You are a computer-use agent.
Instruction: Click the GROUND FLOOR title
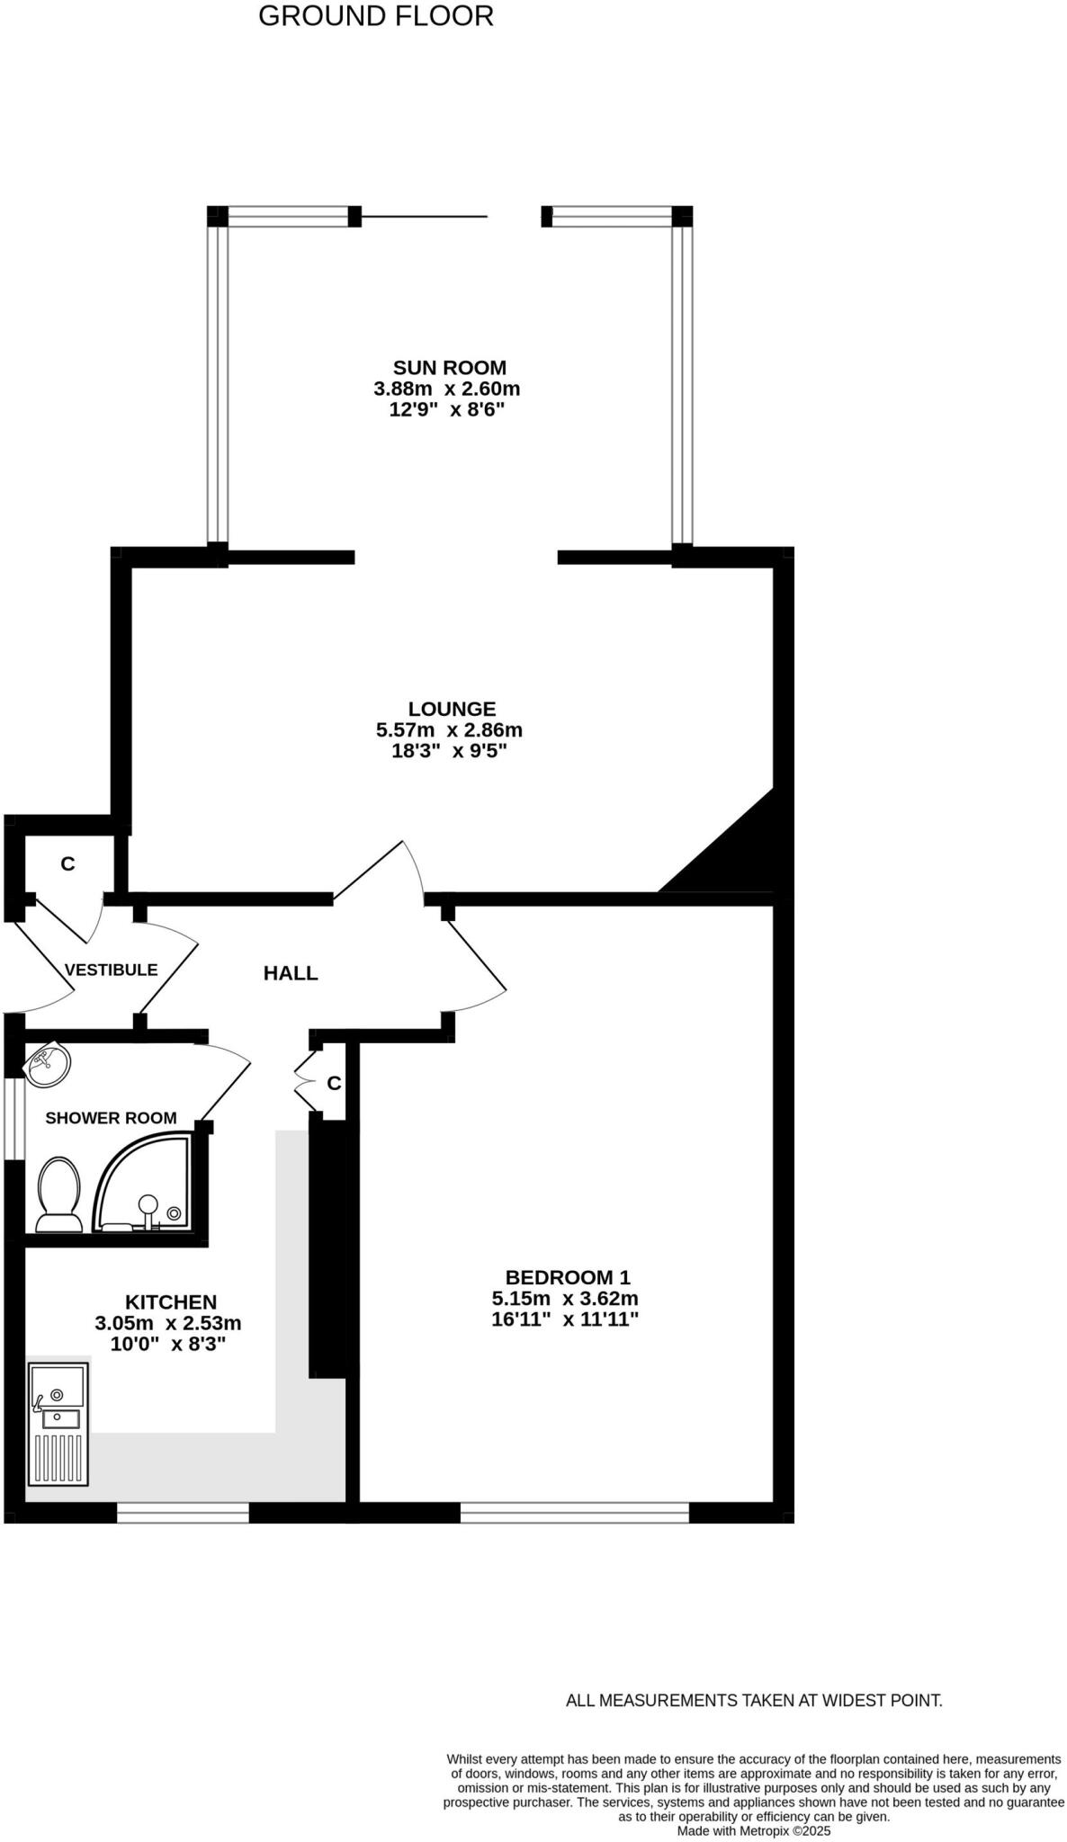(376, 16)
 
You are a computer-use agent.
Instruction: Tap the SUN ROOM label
(449, 368)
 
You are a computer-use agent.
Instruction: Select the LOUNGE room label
(452, 710)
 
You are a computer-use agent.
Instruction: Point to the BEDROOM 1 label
(568, 1277)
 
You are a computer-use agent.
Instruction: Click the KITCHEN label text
(170, 1302)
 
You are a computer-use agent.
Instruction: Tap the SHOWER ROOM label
(111, 1118)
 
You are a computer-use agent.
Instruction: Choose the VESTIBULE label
(111, 970)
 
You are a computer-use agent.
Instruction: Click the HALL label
(291, 973)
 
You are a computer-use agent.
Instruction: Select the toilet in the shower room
(58, 1195)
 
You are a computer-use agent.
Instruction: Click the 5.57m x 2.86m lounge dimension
(449, 730)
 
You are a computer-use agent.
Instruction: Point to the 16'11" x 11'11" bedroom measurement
(565, 1319)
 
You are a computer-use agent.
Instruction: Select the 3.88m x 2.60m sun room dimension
(447, 389)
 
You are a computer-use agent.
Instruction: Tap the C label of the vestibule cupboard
(67, 864)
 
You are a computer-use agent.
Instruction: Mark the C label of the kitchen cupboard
(334, 1084)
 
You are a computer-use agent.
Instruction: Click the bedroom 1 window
(574, 1513)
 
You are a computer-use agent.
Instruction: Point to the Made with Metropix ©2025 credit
(754, 1830)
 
